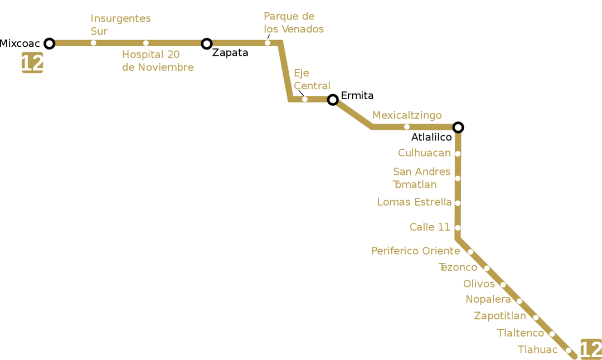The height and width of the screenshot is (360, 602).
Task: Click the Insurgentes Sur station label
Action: click(x=120, y=25)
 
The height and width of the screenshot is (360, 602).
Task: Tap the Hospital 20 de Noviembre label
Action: click(x=158, y=61)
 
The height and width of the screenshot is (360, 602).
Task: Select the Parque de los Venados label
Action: click(x=294, y=23)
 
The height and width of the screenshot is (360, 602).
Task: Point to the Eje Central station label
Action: click(x=312, y=79)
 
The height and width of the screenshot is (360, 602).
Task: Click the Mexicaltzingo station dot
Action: click(x=407, y=127)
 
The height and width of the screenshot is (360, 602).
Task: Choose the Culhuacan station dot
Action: click(x=458, y=154)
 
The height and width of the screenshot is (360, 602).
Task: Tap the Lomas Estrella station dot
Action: click(x=458, y=203)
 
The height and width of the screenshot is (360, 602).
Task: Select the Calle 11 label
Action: click(x=430, y=227)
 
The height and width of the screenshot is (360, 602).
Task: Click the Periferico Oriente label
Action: click(x=416, y=251)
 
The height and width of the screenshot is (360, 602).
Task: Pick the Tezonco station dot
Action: click(x=487, y=268)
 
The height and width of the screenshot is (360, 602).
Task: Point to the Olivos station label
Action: click(x=479, y=284)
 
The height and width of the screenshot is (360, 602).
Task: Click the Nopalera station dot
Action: click(x=520, y=301)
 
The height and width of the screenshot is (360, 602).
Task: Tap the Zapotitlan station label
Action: click(x=500, y=317)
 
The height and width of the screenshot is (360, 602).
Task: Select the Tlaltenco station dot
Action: click(x=552, y=334)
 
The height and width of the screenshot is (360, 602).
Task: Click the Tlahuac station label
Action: click(x=537, y=350)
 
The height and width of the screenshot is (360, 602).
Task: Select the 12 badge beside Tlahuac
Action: click(x=590, y=349)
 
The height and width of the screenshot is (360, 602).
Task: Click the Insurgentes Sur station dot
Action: click(x=93, y=43)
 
